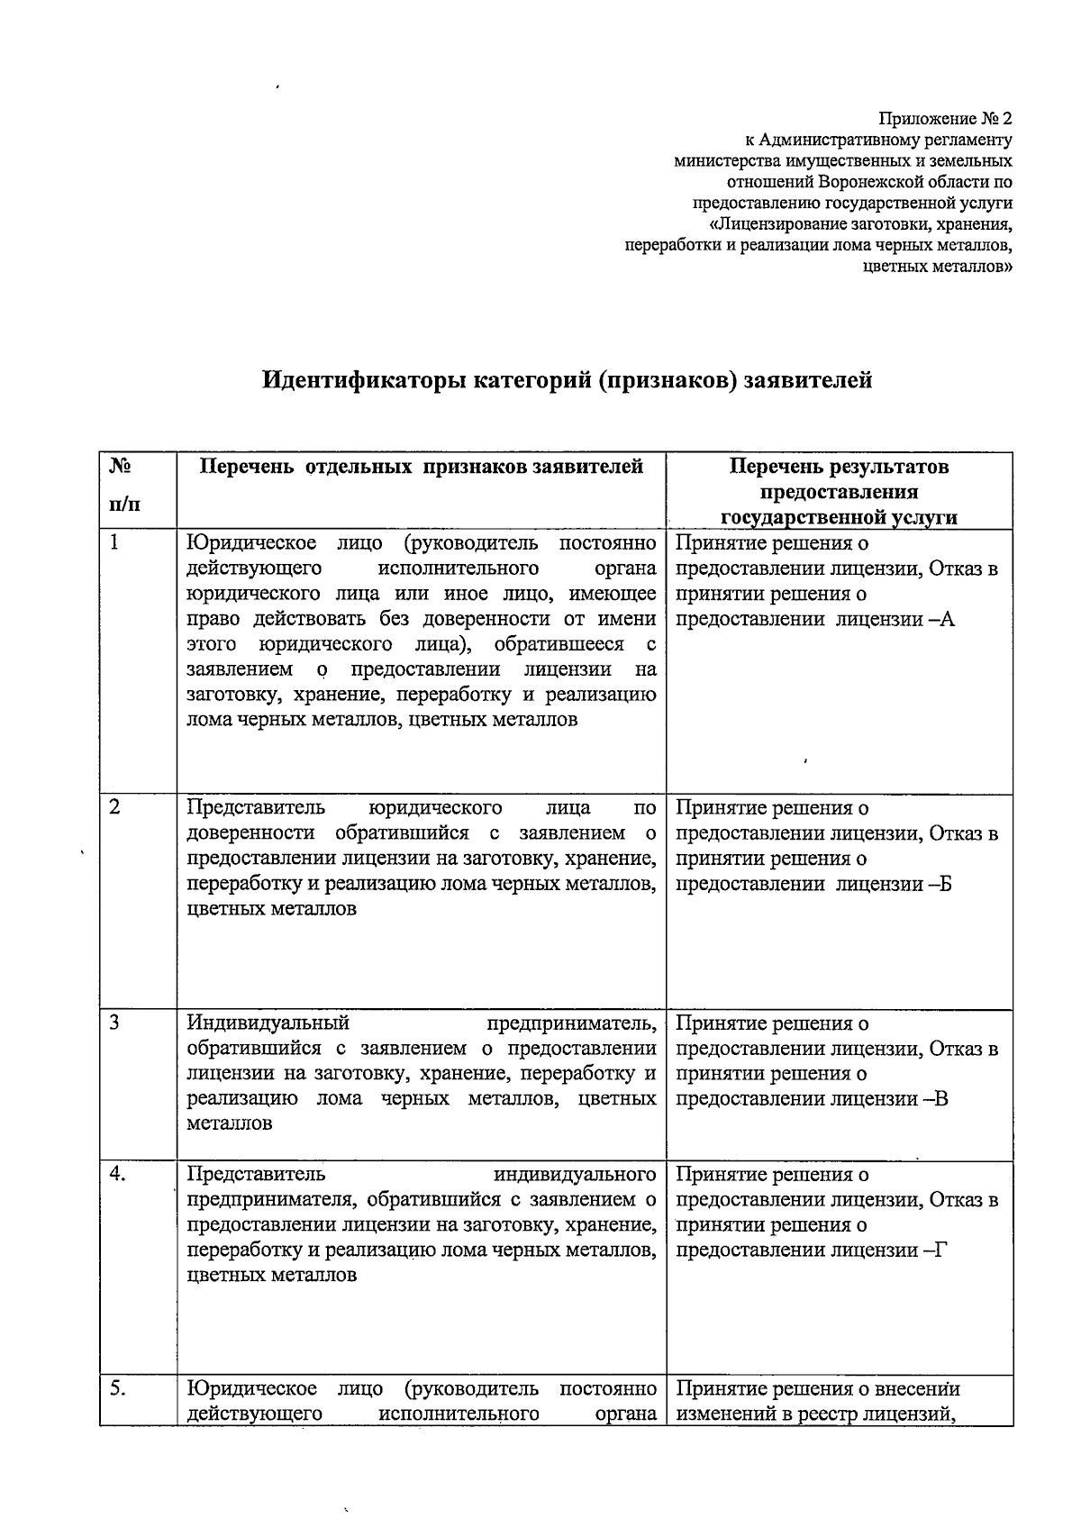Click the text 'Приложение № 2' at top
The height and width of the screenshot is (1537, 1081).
pos(946,119)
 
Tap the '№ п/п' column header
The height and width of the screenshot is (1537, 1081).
pos(123,487)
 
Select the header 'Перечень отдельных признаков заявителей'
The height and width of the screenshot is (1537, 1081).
pos(421,467)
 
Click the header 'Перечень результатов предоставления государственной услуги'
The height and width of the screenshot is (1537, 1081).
pos(839,491)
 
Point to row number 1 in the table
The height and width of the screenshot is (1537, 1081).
pos(114,542)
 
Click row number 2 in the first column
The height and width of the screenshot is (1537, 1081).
pos(114,807)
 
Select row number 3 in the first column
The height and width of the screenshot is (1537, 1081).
pos(114,1023)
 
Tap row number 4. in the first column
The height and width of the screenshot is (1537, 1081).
pos(118,1174)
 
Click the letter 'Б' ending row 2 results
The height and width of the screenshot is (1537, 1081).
pos(944,884)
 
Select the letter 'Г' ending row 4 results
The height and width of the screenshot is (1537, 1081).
pos(942,1251)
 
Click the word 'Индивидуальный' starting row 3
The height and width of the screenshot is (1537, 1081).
pos(268,1023)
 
